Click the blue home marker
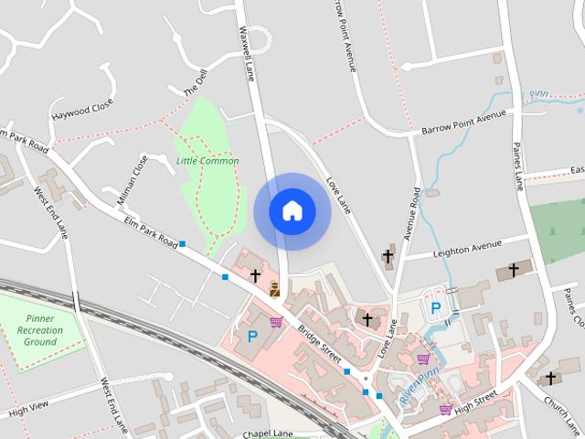(292, 210)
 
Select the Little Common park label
(207, 161)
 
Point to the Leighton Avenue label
(469, 246)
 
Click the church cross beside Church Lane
(550, 377)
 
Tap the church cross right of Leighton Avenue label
(514, 270)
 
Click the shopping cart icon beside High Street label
(445, 409)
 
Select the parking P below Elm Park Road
(252, 336)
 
